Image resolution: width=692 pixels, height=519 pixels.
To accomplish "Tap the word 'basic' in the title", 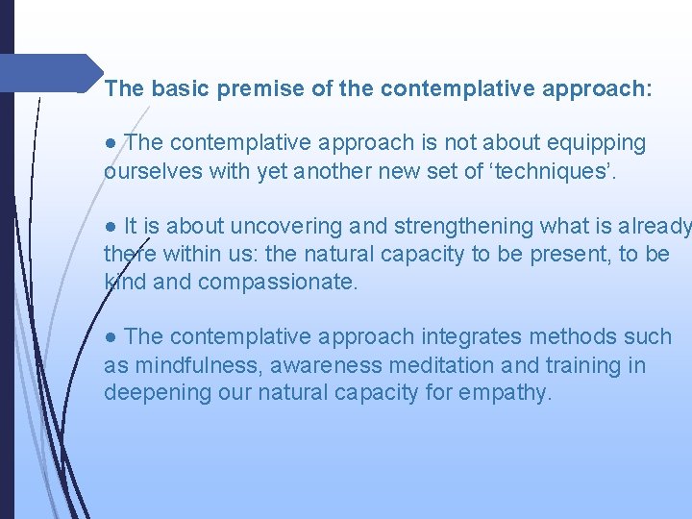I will [x=179, y=89].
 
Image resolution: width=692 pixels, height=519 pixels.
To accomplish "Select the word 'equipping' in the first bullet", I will [x=598, y=143].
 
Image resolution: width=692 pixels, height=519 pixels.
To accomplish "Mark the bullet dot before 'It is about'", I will [x=111, y=227].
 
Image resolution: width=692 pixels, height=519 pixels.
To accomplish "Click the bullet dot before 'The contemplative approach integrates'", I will [x=111, y=337].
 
